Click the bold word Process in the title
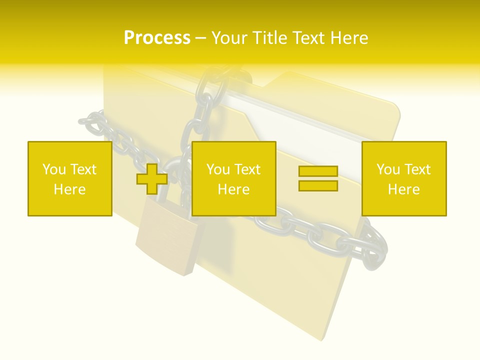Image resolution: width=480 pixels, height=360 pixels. tap(157, 38)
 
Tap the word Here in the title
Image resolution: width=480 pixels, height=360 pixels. tap(348, 38)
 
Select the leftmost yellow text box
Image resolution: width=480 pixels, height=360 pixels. tap(69, 178)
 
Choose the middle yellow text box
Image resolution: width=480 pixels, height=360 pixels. tap(233, 178)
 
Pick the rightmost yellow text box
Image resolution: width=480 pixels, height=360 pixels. tap(403, 178)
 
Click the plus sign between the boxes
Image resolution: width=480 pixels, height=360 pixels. tap(152, 179)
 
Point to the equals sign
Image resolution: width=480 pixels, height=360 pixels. tap(318, 178)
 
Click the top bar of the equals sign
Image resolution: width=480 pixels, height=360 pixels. tap(318, 172)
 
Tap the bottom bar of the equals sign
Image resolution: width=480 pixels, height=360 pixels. tap(318, 185)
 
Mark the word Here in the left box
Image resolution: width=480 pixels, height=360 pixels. tap(69, 189)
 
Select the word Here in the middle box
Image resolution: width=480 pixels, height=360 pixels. tap(233, 189)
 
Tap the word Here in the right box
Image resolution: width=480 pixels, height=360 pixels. tap(403, 189)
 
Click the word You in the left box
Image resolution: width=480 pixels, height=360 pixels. tap(54, 169)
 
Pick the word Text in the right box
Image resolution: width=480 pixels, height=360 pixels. tap(417, 169)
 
